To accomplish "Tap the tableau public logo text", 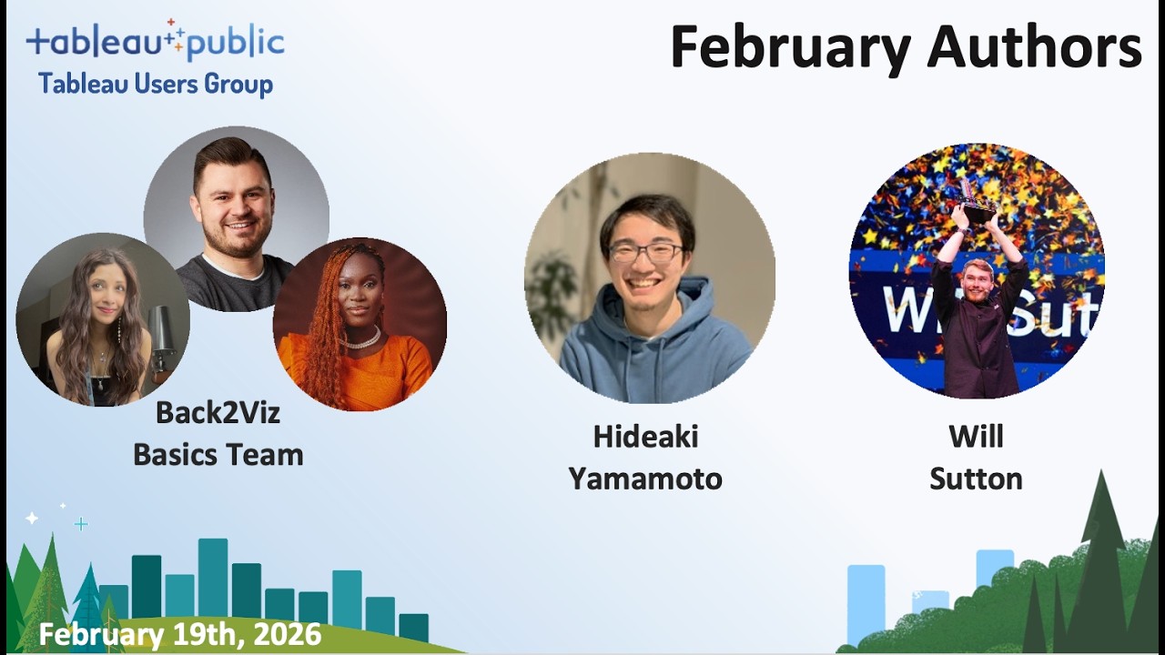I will tap(155, 42).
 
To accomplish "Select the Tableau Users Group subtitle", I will tap(155, 85).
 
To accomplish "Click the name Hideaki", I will tap(645, 437).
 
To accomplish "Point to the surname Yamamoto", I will tap(645, 479).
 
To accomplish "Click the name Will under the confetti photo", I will tap(976, 437).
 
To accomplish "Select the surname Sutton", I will tap(976, 479).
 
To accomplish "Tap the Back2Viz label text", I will tap(218, 412).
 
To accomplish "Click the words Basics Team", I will tap(218, 454).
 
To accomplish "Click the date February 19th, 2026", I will tap(180, 634).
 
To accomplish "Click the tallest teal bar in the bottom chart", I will tap(213, 578).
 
